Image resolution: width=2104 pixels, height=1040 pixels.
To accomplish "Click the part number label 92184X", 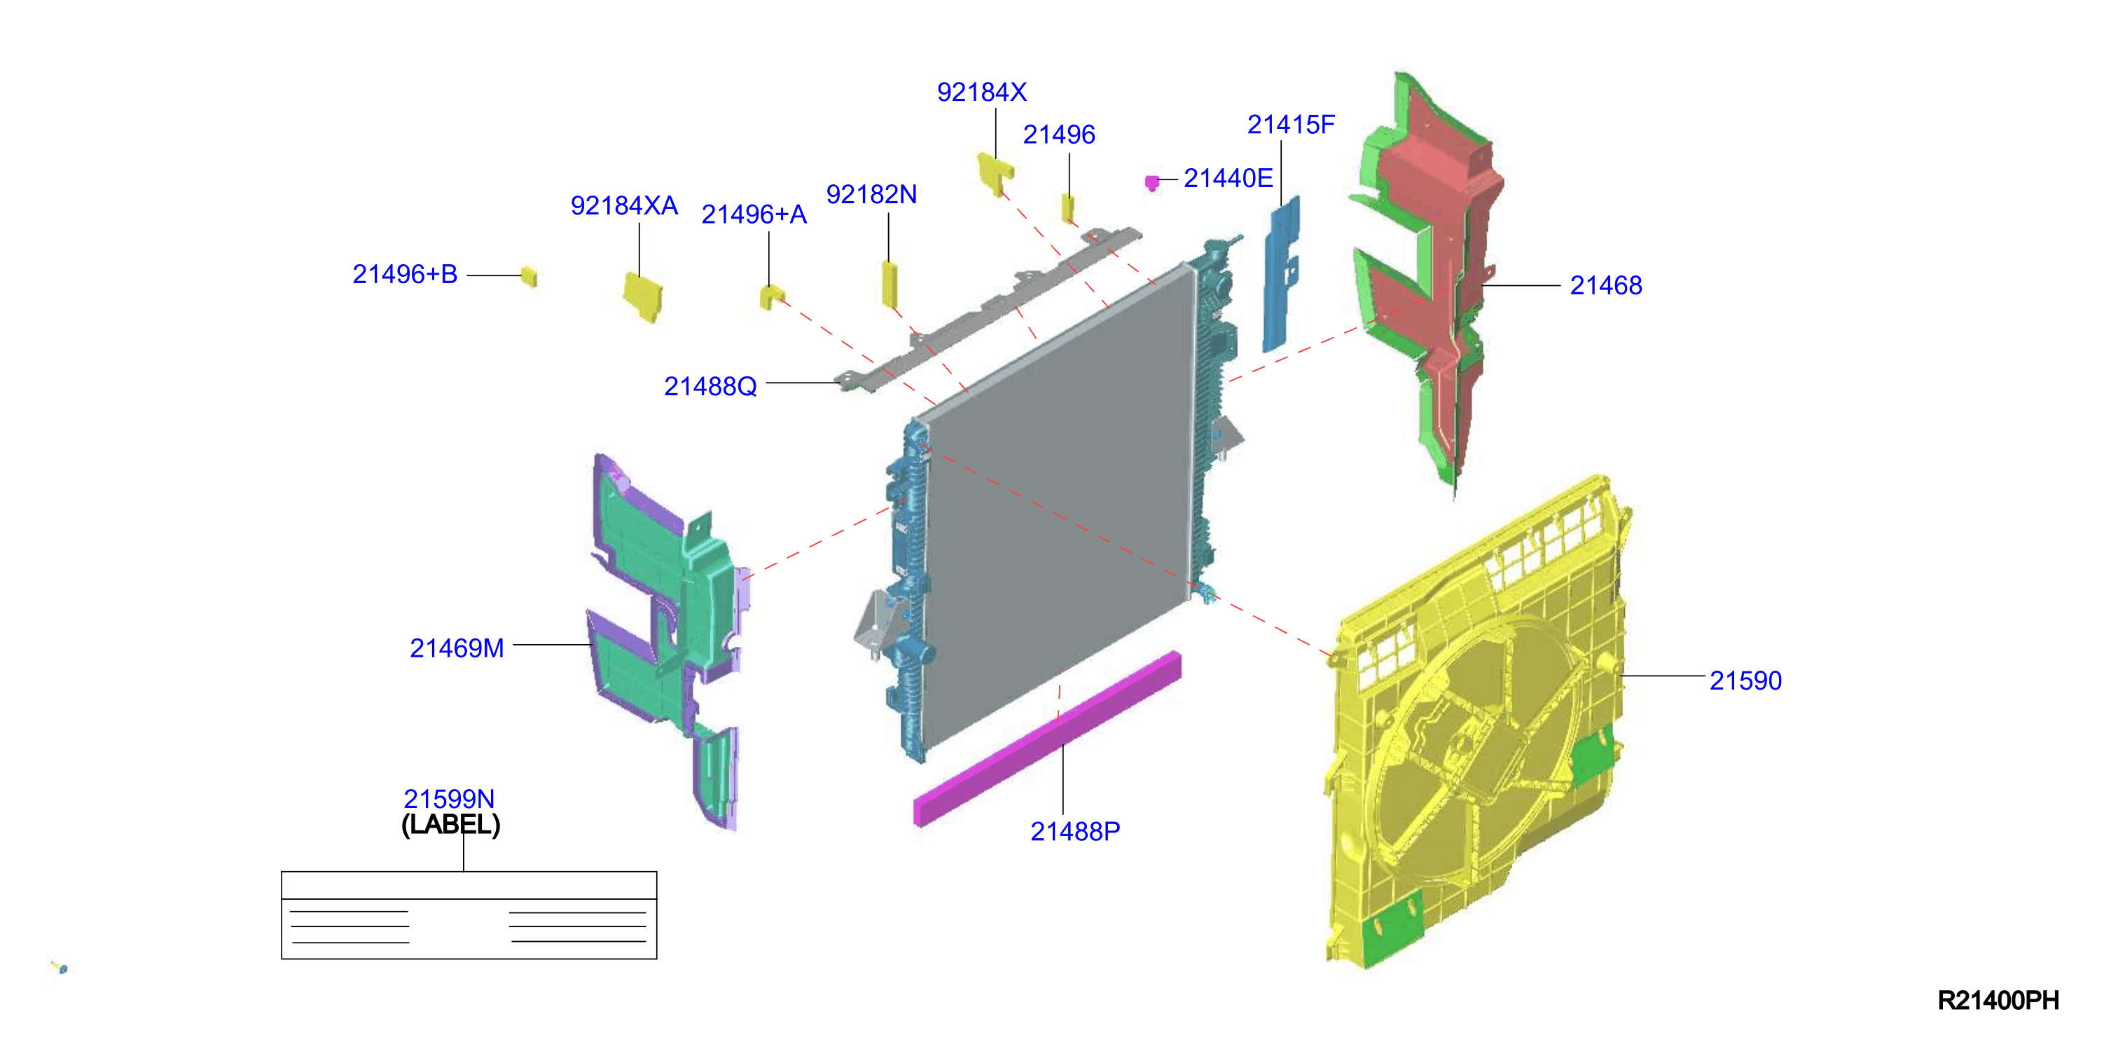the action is click(981, 93).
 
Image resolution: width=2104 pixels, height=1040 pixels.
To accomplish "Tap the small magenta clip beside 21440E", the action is click(1151, 182).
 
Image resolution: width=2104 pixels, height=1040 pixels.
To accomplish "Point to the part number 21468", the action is click(1606, 285).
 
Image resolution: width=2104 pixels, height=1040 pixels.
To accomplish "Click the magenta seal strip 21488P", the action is click(1047, 739).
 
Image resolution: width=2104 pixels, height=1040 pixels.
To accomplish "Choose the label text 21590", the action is click(1745, 680).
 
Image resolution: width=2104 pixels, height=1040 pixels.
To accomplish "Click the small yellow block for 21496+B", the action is click(530, 276).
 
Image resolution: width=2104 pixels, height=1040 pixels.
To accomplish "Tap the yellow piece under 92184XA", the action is click(643, 296).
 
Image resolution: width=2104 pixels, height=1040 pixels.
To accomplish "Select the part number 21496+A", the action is click(754, 214).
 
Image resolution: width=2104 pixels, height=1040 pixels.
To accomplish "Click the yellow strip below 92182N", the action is click(890, 284).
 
